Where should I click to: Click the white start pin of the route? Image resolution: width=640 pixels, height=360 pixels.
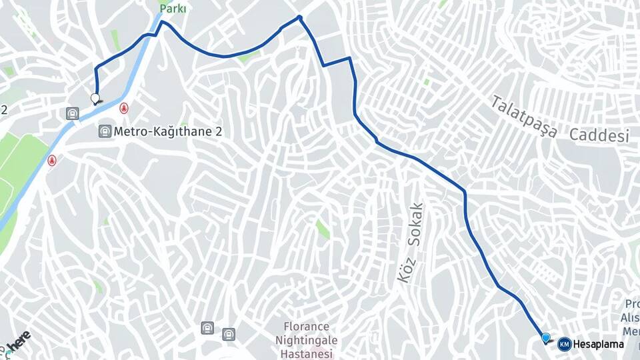(x=95, y=99)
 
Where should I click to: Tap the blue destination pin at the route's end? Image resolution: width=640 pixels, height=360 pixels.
(x=547, y=339)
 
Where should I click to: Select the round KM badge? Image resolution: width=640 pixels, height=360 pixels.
(x=565, y=344)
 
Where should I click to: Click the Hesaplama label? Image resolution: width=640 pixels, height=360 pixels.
(x=599, y=344)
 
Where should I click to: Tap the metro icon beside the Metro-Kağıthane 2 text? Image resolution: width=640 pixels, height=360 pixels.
(x=105, y=131)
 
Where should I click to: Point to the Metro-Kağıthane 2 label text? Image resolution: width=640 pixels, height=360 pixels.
(x=167, y=131)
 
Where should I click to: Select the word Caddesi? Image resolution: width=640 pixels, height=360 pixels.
(x=599, y=135)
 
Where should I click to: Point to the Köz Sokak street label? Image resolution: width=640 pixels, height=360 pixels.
(x=411, y=243)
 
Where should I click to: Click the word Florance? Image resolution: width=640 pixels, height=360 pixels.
(x=307, y=327)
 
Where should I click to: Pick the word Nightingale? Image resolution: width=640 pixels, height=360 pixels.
(x=307, y=340)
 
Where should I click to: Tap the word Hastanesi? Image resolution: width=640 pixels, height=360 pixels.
(x=307, y=353)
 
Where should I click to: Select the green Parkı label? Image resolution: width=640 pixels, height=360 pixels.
(x=173, y=9)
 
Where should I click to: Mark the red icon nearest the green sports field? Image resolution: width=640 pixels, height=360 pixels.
(x=51, y=160)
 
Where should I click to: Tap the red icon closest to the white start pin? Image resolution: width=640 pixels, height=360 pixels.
(x=123, y=107)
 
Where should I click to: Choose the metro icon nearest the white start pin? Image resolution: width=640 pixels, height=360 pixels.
(x=72, y=114)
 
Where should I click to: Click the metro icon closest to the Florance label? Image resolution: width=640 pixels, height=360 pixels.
(x=229, y=333)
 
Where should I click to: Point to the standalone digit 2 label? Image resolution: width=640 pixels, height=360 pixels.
(x=4, y=109)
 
